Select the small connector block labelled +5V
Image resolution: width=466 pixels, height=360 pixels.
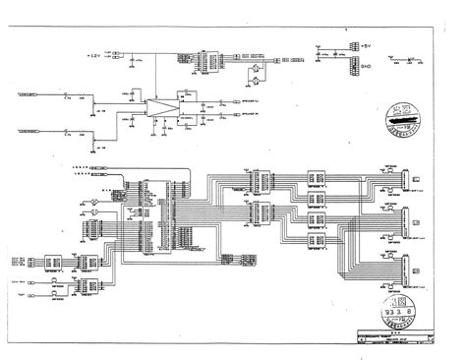pyautogui.click(x=320, y=47)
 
